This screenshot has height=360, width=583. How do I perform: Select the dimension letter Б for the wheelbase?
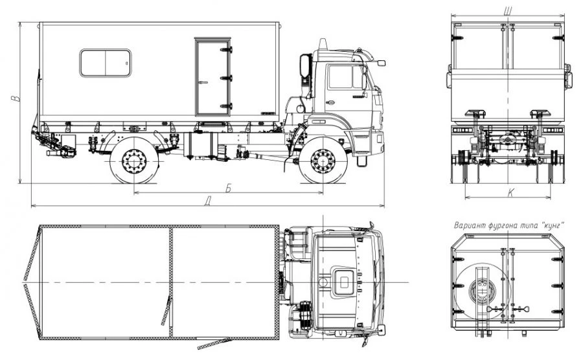point(228,188)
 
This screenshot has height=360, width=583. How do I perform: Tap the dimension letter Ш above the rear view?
point(507,11)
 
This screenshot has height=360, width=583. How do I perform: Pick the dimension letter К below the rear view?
point(511,192)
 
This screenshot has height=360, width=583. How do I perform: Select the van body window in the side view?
point(105,63)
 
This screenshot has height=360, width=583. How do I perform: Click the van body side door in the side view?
point(212,77)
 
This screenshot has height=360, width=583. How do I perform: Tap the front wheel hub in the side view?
point(323,161)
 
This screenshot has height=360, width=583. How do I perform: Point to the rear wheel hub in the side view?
point(134,162)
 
